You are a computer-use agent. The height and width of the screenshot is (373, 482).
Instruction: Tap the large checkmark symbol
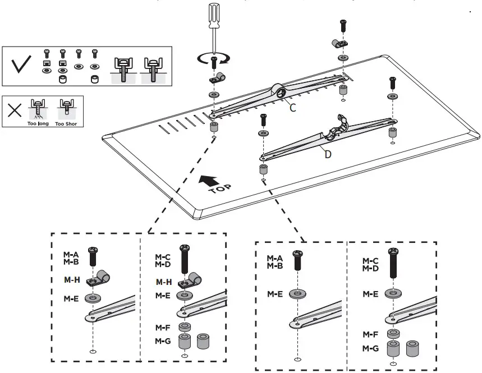pos(22,66)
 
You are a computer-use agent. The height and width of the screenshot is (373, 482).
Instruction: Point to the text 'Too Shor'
pos(66,123)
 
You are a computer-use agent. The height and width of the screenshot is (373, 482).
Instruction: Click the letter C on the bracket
pos(292,108)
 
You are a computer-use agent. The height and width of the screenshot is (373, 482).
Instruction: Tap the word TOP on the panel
pos(219,188)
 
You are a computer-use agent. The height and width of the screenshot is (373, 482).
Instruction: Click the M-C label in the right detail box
pos(370,261)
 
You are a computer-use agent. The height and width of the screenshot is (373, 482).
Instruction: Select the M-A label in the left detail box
pos(71,254)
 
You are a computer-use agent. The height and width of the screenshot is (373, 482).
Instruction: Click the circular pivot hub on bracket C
pos(279,90)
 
